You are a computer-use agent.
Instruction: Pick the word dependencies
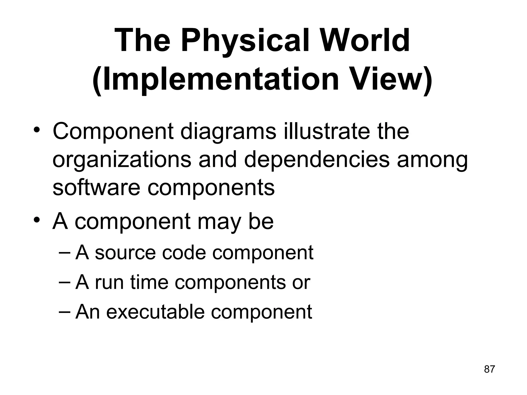pos(317,160)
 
